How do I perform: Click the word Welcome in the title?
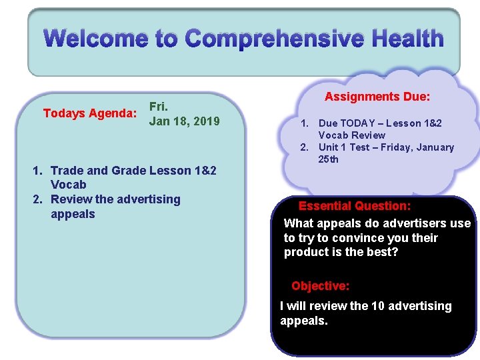coord(96,38)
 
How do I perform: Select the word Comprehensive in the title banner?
coord(274,39)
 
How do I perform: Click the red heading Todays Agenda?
coord(90,113)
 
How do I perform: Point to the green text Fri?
coord(159,107)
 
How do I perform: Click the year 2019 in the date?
coord(207,121)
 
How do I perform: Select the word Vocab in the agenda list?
coord(69,185)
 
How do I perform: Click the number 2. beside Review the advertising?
coord(37,199)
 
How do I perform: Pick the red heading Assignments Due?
coord(377,97)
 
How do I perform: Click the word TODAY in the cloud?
coord(357,123)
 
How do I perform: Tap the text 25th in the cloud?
coord(328,159)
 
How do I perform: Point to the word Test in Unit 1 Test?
coord(360,147)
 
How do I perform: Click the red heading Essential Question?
coord(355,206)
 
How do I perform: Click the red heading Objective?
coord(321,286)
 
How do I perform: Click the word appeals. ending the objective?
coord(304,321)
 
